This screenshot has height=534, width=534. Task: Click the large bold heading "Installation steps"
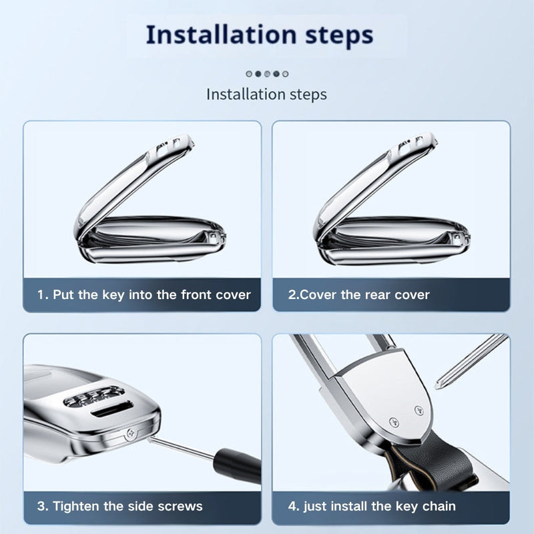tap(260, 35)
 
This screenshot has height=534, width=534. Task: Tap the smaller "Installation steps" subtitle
tap(266, 94)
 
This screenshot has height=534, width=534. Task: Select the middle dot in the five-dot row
tap(268, 73)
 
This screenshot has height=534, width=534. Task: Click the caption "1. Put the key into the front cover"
tap(144, 295)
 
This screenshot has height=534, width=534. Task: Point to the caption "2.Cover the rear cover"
tap(358, 295)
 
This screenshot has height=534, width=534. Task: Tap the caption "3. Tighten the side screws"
tap(120, 507)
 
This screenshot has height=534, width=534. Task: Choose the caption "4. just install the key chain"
tap(372, 507)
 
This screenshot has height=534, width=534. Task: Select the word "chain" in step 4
tap(439, 507)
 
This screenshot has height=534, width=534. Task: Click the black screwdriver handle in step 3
tap(238, 465)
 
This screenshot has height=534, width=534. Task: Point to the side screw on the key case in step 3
tap(131, 433)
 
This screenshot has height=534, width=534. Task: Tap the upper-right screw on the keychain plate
tap(419, 411)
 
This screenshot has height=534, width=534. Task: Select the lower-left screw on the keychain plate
tap(394, 423)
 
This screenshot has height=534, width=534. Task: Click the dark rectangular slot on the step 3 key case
tap(112, 409)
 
